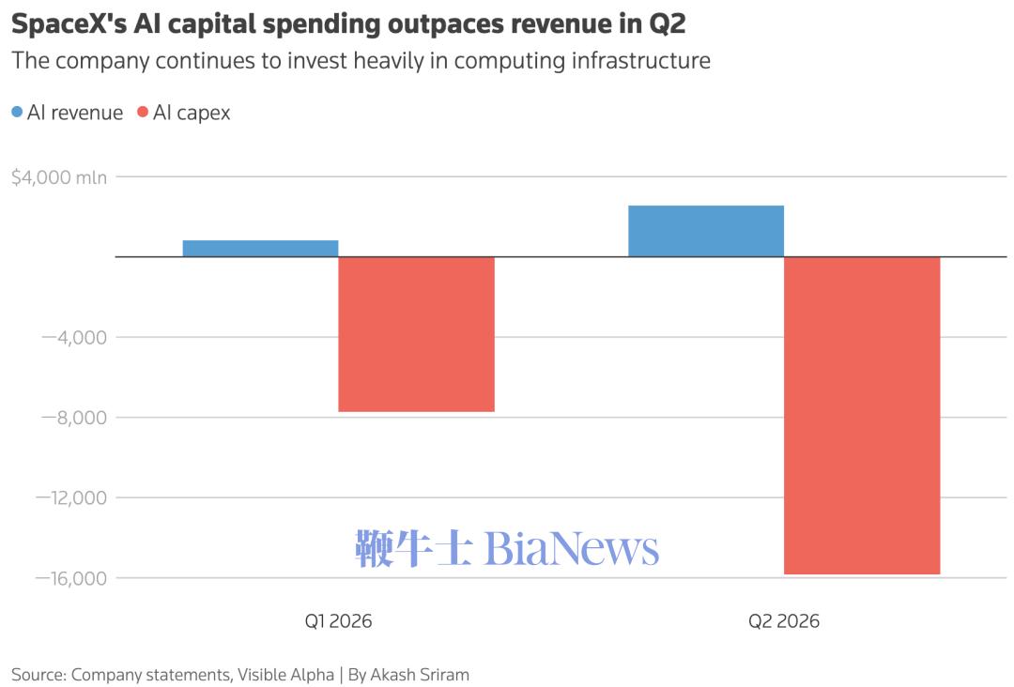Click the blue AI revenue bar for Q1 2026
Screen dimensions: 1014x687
click(x=261, y=248)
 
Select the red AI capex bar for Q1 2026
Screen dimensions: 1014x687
click(x=417, y=334)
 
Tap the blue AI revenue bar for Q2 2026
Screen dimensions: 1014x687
click(x=706, y=231)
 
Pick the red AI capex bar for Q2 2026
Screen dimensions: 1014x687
click(x=862, y=415)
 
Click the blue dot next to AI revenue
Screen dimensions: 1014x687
click(x=18, y=113)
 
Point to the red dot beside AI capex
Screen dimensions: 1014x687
click(x=143, y=113)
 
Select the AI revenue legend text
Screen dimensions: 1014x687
click(x=75, y=114)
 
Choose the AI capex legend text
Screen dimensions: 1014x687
click(x=192, y=114)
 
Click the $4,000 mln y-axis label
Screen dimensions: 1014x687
click(x=59, y=177)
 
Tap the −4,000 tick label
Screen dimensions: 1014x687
click(x=74, y=337)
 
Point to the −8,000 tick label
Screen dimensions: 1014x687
click(x=74, y=418)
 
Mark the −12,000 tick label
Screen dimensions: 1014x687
click(x=71, y=497)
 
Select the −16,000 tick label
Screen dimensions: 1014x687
click(x=71, y=578)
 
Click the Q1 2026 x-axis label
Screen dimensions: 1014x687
click(x=338, y=621)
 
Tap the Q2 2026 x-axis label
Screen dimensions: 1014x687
click(x=784, y=621)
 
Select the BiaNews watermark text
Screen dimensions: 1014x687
click(x=572, y=549)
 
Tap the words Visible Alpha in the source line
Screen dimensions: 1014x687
click(x=285, y=675)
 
